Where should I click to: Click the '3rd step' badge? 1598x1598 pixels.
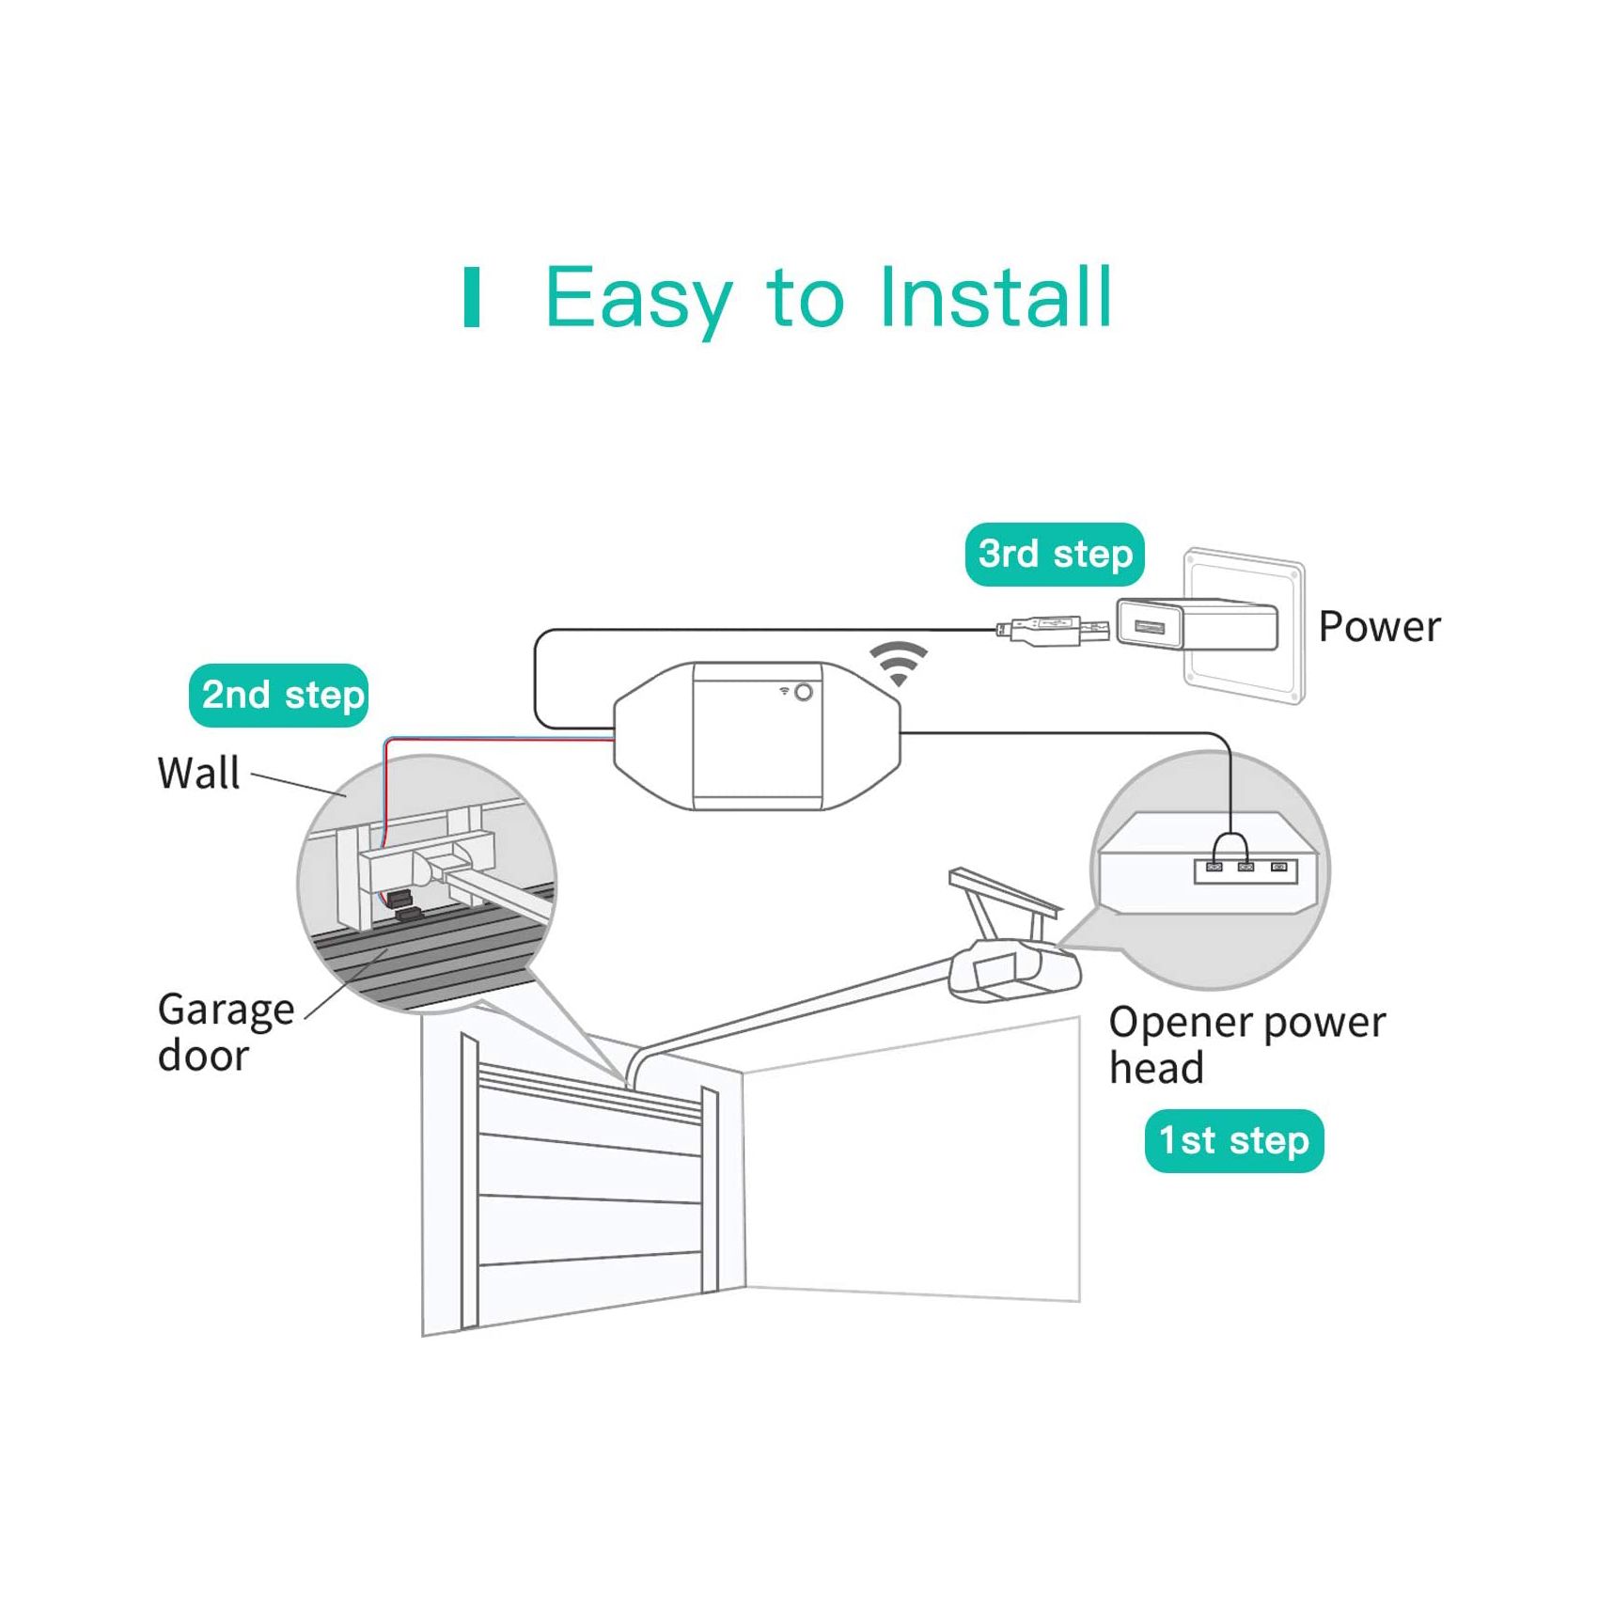[1054, 555]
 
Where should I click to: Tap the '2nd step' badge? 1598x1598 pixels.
[278, 696]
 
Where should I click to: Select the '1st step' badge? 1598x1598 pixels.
[1233, 1141]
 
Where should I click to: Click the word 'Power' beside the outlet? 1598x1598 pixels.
[1378, 627]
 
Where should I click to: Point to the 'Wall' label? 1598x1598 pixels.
[198, 774]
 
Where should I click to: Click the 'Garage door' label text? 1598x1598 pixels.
[225, 1031]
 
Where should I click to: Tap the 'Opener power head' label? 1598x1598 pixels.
[1245, 1044]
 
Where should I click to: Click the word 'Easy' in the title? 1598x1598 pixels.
[638, 298]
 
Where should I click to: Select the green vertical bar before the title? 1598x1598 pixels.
[472, 298]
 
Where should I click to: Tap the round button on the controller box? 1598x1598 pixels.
[804, 693]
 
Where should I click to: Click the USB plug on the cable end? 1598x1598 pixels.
[1053, 629]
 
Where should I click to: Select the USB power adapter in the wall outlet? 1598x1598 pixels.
[1196, 625]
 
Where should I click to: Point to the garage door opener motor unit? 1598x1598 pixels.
[1013, 973]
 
